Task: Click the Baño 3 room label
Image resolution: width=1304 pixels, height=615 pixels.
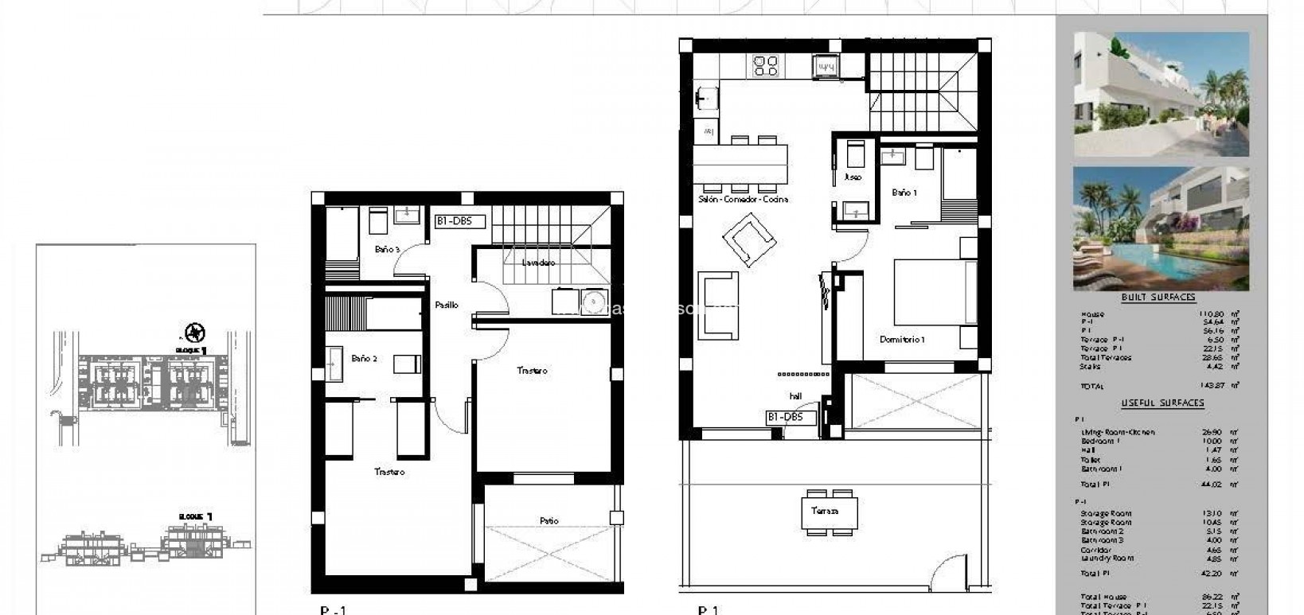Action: (387, 250)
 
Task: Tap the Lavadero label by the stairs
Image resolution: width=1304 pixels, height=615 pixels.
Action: (538, 263)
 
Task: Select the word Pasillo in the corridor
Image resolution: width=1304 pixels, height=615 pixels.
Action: (446, 305)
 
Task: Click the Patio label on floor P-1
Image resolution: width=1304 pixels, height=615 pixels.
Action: (549, 521)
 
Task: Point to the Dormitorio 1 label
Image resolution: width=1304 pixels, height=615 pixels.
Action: (902, 340)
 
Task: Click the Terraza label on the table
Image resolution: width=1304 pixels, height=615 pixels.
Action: (825, 511)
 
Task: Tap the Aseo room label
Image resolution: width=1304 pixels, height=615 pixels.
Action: (852, 177)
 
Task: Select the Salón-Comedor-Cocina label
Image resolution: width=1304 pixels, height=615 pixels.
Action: (743, 200)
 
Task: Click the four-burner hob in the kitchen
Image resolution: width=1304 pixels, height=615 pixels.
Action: (766, 65)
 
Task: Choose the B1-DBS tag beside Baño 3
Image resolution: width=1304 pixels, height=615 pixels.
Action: (459, 221)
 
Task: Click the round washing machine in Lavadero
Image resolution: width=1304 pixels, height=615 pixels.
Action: (591, 302)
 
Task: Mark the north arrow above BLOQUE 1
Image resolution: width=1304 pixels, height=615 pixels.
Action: (191, 332)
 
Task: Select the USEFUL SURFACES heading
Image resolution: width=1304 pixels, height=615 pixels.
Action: (1162, 403)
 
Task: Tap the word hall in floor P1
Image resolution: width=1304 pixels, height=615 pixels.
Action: (795, 396)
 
